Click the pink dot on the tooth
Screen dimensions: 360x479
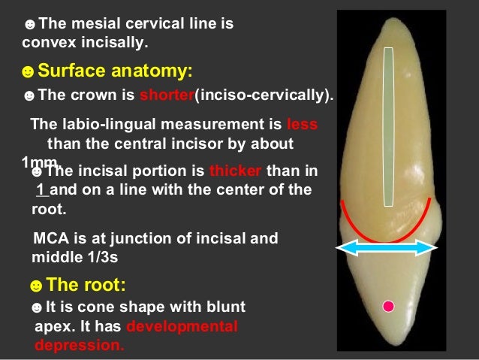(388, 306)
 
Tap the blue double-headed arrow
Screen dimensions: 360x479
(386, 249)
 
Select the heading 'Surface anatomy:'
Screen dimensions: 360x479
(115, 71)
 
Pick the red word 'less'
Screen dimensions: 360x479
(302, 125)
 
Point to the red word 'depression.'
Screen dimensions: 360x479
(80, 346)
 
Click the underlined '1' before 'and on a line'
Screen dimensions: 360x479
(40, 189)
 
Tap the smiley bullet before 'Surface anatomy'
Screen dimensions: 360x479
(28, 72)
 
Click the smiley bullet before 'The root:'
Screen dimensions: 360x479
(35, 286)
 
